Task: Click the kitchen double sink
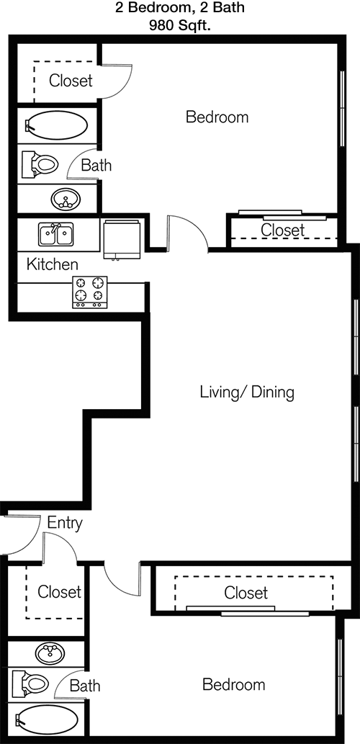[56, 234]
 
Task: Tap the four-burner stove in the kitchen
[90, 292]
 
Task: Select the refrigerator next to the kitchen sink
[122, 239]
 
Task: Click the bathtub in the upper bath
[56, 125]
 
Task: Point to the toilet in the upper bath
[40, 164]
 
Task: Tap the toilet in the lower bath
[31, 684]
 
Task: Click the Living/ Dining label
[247, 393]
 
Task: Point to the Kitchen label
[52, 264]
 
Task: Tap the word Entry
[65, 524]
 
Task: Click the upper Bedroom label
[217, 117]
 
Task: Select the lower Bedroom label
[234, 685]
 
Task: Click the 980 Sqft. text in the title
[180, 26]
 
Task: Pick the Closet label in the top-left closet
[71, 81]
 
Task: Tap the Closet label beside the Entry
[59, 592]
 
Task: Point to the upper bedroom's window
[343, 109]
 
